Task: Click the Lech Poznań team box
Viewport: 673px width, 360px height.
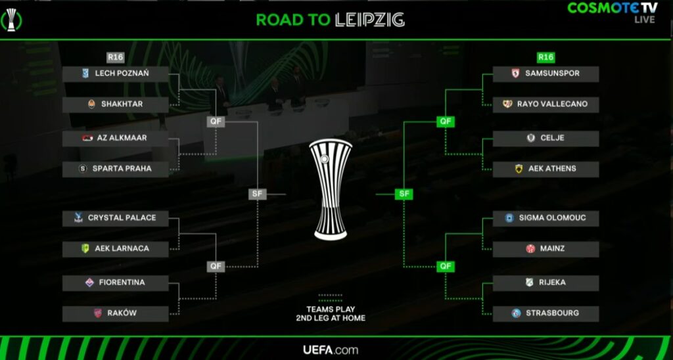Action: coord(116,74)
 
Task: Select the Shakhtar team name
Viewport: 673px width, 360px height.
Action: coord(122,104)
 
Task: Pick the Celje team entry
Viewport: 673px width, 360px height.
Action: coord(545,138)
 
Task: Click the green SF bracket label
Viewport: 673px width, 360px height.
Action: coord(404,194)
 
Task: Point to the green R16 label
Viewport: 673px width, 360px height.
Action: coord(545,57)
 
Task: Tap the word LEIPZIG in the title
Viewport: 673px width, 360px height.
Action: coord(369,20)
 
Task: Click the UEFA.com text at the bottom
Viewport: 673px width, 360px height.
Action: coord(331,350)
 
